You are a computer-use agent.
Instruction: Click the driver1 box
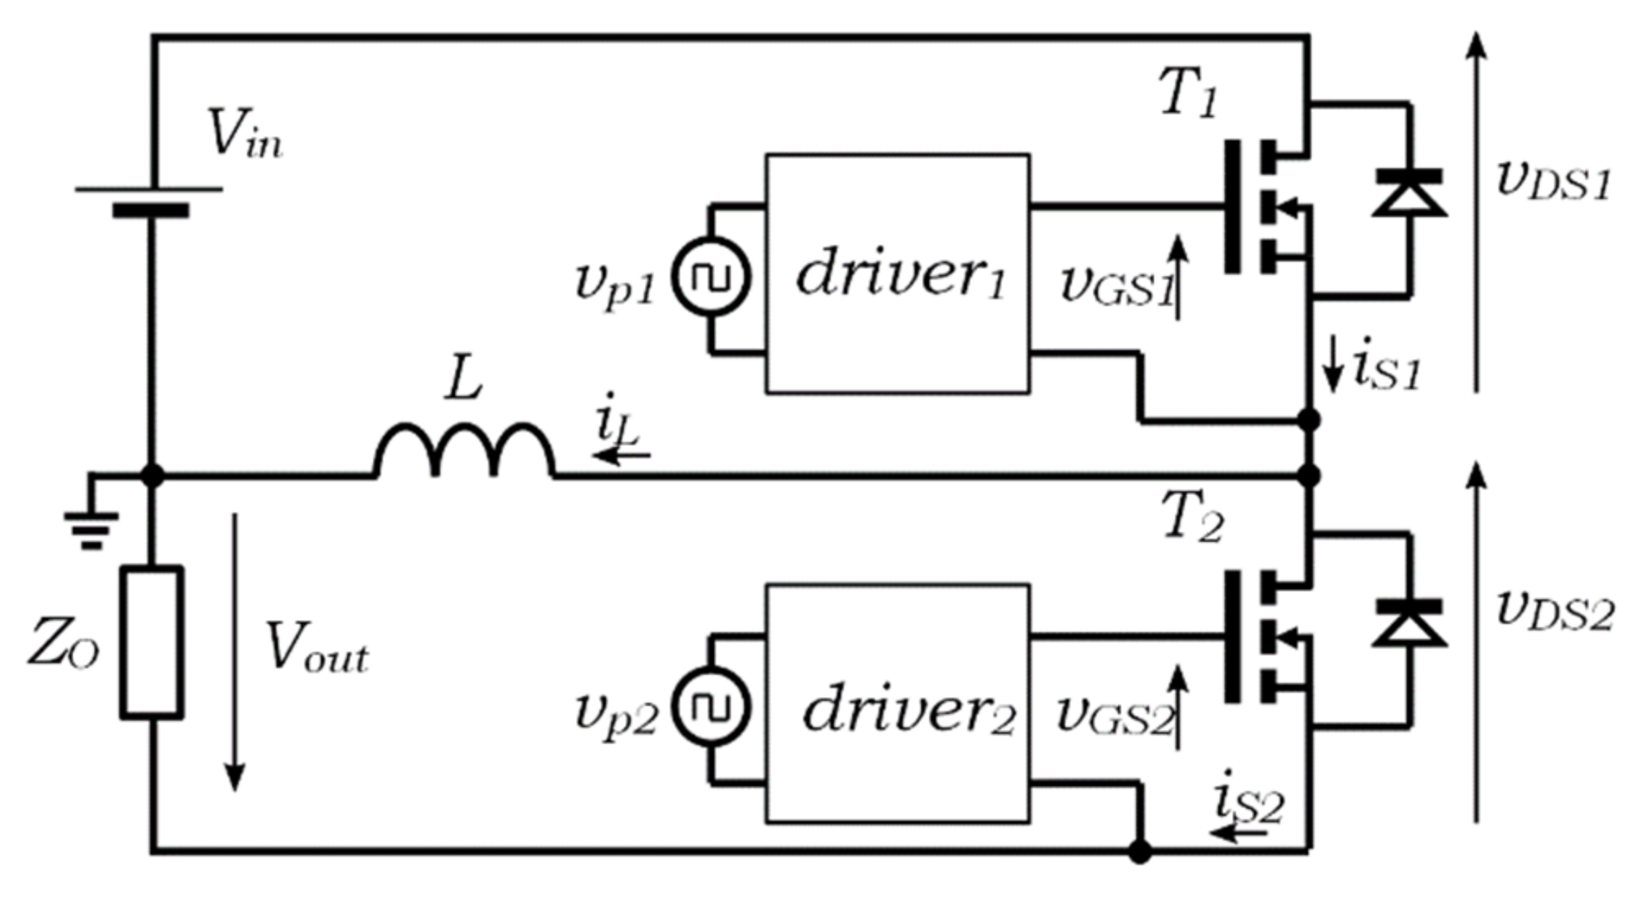[x=897, y=273]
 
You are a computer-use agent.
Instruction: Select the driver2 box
[x=897, y=703]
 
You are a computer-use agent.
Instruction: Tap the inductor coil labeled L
[x=464, y=451]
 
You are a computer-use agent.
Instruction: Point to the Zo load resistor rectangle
[x=152, y=642]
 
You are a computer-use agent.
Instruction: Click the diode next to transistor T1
[x=1409, y=194]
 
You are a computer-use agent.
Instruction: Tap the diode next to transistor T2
[x=1409, y=623]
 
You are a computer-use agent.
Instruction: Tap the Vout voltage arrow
[x=235, y=652]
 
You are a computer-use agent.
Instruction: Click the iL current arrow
[x=622, y=453]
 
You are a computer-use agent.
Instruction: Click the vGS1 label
[x=1115, y=289]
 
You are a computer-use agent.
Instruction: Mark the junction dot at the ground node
[x=152, y=475]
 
